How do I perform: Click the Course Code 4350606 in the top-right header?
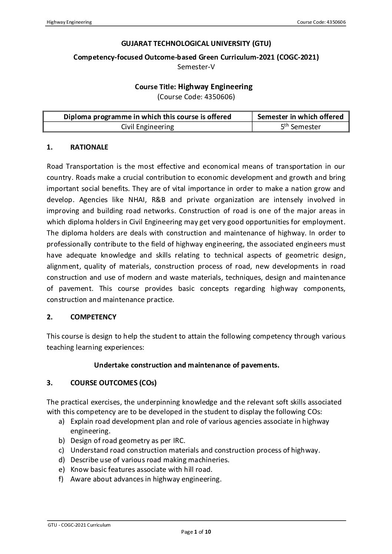click(321, 22)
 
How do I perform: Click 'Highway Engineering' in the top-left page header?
click(69, 22)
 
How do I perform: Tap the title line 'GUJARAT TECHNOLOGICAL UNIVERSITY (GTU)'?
click(196, 44)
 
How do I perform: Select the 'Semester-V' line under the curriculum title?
click(196, 67)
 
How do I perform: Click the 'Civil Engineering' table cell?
click(147, 127)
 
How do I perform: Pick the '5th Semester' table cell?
click(300, 127)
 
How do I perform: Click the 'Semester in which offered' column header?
click(300, 117)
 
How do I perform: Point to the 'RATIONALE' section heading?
click(89, 147)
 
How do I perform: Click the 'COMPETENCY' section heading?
click(93, 317)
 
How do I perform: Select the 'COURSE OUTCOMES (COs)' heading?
click(113, 383)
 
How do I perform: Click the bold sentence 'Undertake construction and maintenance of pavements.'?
click(186, 365)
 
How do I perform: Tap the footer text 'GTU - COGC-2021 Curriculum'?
click(79, 525)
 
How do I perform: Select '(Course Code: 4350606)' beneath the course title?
click(196, 97)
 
